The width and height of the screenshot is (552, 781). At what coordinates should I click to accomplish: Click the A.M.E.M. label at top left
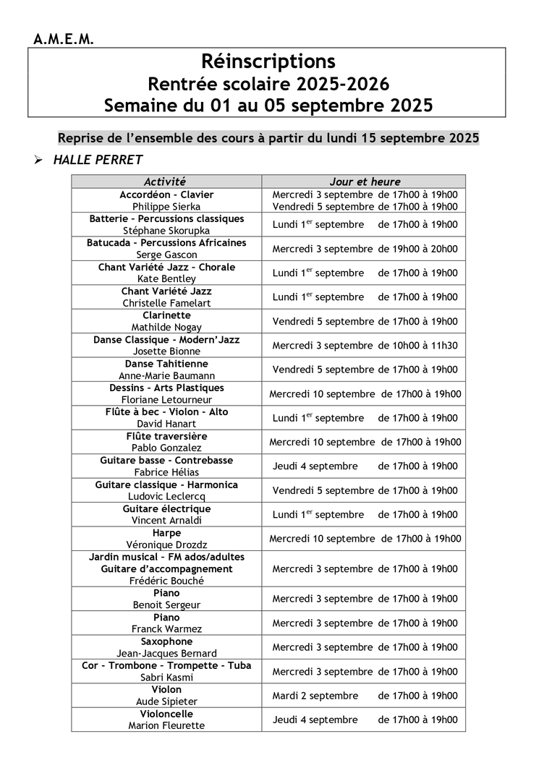pos(64,40)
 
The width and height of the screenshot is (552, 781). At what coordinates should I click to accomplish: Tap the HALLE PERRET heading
pos(98,160)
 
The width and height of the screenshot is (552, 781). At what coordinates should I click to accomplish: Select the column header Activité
pos(165,182)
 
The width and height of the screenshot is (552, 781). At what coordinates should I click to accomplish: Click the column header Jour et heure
pos(365,182)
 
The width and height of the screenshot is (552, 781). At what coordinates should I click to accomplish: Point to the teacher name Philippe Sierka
pos(166,206)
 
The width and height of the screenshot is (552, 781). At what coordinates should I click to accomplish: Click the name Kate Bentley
pos(166,278)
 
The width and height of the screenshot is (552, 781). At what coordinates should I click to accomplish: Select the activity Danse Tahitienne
pos(166,364)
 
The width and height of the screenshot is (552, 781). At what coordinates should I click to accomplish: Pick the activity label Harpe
pos(166,533)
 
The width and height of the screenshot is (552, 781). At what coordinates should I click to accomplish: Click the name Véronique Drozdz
pos(166,545)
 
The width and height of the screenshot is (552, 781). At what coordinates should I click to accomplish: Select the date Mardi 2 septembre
pos(315,696)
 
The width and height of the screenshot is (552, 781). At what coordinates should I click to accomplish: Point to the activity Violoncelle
pos(166,714)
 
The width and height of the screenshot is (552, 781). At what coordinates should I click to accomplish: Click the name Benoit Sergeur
pos(166,605)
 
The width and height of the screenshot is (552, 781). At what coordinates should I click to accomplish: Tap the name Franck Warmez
pos(166,629)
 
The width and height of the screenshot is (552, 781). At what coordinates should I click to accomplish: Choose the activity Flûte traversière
pos(166,436)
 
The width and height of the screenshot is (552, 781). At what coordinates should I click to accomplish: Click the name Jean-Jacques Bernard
pos(166,653)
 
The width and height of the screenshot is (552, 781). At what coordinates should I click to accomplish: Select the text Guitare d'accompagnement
pos(166,568)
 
